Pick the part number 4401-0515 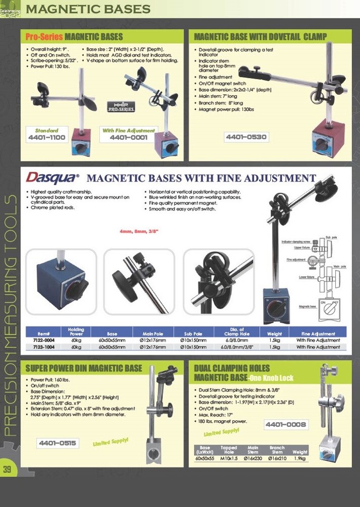pyautogui.click(x=58, y=443)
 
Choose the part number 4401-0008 pyautogui.click(x=285, y=424)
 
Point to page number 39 pyautogui.click(x=7, y=469)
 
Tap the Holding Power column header pyautogui.click(x=76, y=332)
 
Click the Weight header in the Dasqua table pyautogui.click(x=267, y=334)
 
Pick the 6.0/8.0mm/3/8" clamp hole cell pyautogui.click(x=231, y=347)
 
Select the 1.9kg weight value pyautogui.click(x=300, y=458)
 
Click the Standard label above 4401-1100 pyautogui.click(x=46, y=130)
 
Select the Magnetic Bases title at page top pyautogui.click(x=88, y=9)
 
